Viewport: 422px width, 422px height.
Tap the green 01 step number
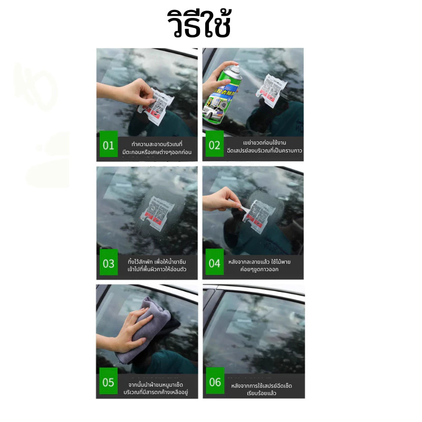pos(108,145)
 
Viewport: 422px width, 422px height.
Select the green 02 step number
pos(214,145)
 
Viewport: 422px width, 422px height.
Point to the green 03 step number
pos(108,263)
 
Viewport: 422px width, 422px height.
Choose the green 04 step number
pos(214,263)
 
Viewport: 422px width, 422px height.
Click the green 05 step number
pos(108,382)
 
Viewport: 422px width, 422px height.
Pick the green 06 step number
pos(215,382)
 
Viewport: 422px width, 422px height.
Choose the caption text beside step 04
pos(260,265)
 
